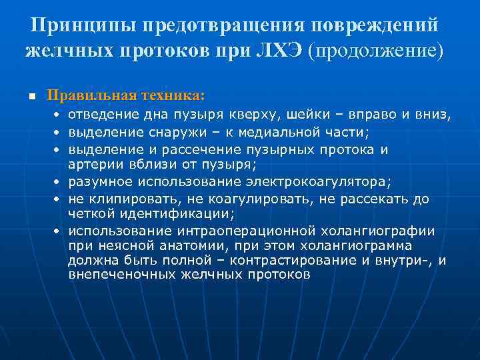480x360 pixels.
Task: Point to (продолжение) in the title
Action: (375, 51)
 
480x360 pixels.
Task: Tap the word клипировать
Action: (121, 199)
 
